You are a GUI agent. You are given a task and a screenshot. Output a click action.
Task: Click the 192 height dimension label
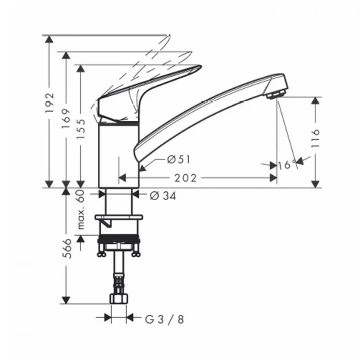pos(49,103)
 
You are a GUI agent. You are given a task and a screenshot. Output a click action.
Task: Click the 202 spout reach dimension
pos(186,178)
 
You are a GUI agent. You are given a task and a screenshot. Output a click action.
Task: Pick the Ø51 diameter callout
pos(177,159)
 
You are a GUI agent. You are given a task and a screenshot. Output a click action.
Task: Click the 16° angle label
pos(287,165)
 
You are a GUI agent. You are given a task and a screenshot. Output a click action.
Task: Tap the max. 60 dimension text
pos(81,209)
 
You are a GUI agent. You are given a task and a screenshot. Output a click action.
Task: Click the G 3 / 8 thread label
pos(164,319)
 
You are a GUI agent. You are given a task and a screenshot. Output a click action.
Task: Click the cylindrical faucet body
pos(118,154)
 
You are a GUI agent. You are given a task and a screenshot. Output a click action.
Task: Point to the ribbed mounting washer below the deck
pos(119,239)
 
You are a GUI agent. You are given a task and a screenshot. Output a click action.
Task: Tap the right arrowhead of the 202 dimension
pos(273,178)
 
